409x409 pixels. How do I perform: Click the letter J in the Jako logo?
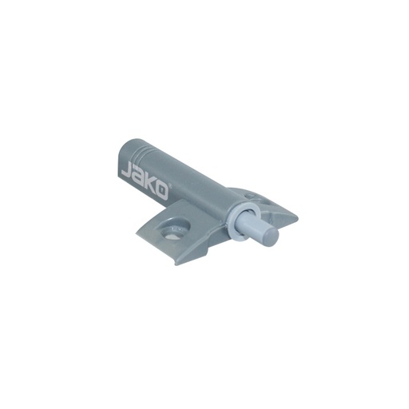point(126,171)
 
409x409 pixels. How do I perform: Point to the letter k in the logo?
point(151,185)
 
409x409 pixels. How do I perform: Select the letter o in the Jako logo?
point(162,192)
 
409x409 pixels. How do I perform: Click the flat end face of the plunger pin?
point(273,234)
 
